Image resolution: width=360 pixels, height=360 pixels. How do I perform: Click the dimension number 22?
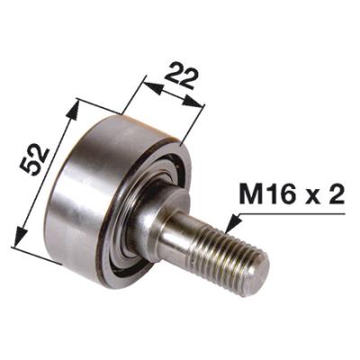pyautogui.click(x=181, y=76)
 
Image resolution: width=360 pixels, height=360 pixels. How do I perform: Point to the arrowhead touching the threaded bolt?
pyautogui.click(x=233, y=223)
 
